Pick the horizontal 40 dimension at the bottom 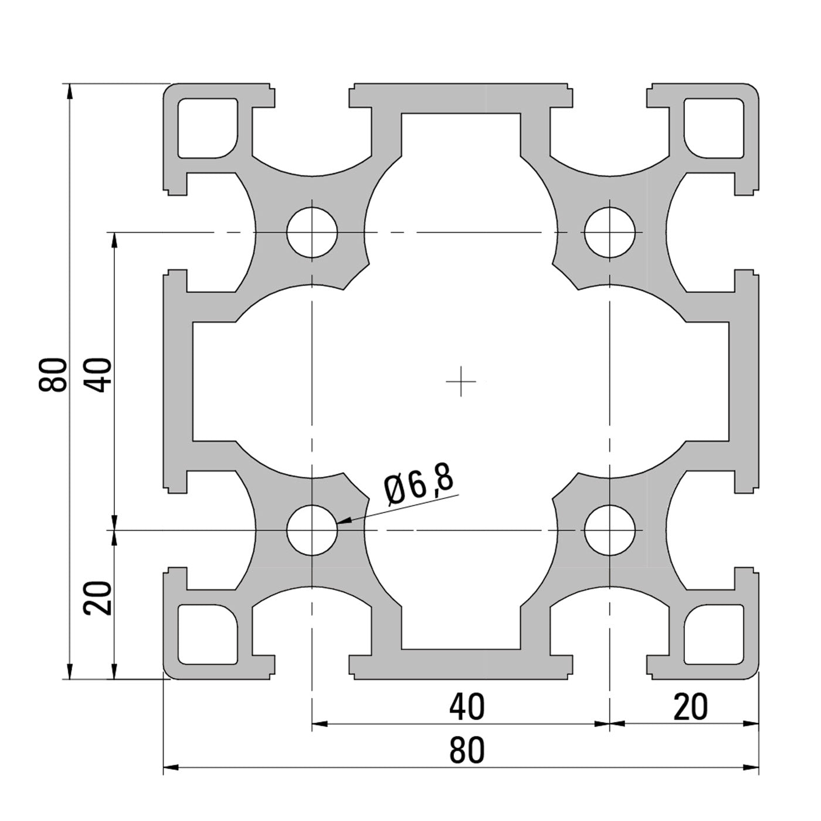467,707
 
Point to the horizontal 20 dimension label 690,707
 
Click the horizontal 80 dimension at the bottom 467,751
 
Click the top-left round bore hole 313,232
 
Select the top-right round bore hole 610,232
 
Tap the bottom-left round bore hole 313,530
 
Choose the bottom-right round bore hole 610,530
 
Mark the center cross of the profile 461,381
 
